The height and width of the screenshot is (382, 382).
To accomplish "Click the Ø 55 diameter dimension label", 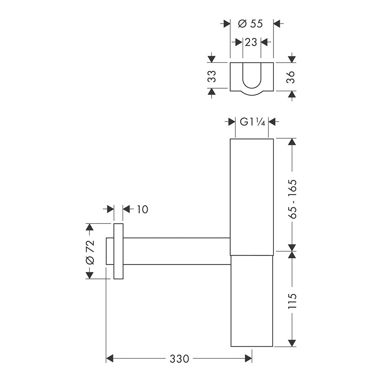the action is [x=250, y=24].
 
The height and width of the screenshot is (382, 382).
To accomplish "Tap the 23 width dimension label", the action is [x=251, y=42].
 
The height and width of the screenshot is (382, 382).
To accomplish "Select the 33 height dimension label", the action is [x=212, y=76].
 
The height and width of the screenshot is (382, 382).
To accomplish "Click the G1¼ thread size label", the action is [x=252, y=121].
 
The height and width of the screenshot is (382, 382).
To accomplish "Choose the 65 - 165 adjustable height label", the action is [x=292, y=199].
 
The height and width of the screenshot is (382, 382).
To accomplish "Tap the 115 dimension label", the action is [x=292, y=301].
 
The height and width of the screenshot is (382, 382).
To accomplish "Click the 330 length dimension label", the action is [x=179, y=359].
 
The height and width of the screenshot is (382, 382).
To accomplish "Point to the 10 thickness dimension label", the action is [x=142, y=209].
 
